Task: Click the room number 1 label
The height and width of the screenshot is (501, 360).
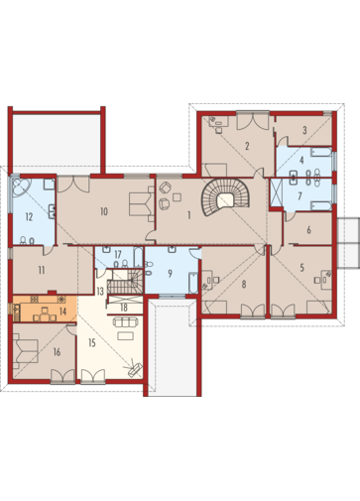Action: point(188,215)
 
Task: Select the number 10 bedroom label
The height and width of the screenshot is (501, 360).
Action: point(104,211)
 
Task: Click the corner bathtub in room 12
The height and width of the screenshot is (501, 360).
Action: point(21,188)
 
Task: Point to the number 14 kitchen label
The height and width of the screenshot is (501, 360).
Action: point(62,312)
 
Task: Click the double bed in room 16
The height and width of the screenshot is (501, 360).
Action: point(26,351)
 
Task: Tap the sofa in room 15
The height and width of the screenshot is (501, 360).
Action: point(125,322)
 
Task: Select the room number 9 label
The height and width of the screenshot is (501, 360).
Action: point(170,274)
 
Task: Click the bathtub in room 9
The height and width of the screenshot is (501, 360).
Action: point(193,283)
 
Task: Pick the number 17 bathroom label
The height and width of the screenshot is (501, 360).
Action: point(118,255)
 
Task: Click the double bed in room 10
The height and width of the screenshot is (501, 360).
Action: point(141,204)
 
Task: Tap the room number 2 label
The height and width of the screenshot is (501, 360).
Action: point(247,146)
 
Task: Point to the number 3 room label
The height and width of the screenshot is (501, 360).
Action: point(304,130)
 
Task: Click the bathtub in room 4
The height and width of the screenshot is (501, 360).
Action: point(321,153)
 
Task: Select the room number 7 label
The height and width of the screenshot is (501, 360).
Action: point(300,196)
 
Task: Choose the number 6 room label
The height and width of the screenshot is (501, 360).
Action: point(308,230)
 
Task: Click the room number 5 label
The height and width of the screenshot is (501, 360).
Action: point(301,268)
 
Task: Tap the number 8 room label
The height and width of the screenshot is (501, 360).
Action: point(244,284)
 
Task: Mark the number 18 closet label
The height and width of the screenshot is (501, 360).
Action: point(124,309)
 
